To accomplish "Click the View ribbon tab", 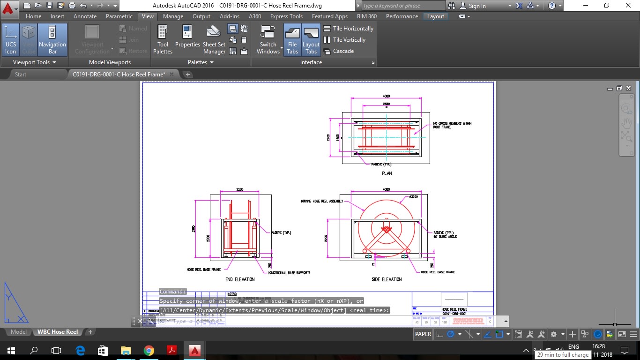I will tap(148, 16).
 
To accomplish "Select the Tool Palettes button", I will tap(163, 39).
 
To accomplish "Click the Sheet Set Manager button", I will tap(214, 39).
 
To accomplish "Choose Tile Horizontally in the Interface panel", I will tap(349, 29).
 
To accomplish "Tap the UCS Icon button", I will tap(10, 39).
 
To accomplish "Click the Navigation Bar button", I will tap(52, 39).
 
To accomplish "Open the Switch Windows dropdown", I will tap(268, 39).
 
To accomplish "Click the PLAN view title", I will tap(387, 173).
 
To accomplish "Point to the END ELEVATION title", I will tap(240, 279).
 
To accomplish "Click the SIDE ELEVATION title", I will tap(387, 279).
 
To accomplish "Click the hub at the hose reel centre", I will tap(387, 229).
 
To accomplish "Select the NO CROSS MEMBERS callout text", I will tap(452, 125).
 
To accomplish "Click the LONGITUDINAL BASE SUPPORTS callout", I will tap(289, 272).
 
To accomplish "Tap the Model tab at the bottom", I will tap(19, 332).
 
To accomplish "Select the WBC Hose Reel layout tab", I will tap(58, 332).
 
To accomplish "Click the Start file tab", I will tap(21, 75).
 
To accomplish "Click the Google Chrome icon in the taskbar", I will tap(149, 351).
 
